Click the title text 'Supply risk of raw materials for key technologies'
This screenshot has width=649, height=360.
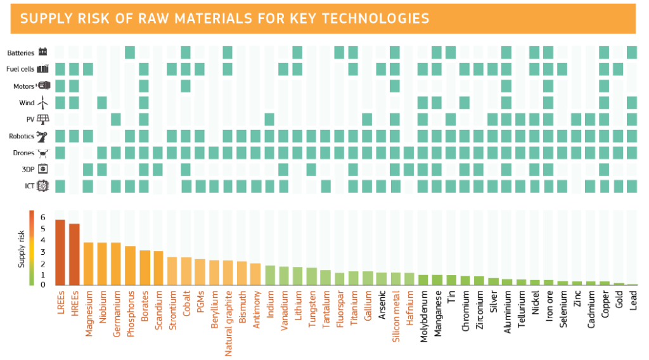(224, 18)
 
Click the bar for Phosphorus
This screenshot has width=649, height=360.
(130, 266)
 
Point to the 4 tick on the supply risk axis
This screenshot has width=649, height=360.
(43, 240)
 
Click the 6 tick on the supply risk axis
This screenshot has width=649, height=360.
(43, 217)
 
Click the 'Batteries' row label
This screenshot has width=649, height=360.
(21, 53)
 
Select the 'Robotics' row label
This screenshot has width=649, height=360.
(22, 136)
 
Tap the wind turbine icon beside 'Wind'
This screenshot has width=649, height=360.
(43, 102)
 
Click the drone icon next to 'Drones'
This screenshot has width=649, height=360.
(43, 153)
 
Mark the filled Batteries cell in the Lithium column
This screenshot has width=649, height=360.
(297, 53)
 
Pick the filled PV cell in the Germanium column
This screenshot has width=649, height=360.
(116, 119)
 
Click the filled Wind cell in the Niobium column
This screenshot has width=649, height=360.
(102, 102)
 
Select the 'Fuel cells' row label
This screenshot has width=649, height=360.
(21, 69)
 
